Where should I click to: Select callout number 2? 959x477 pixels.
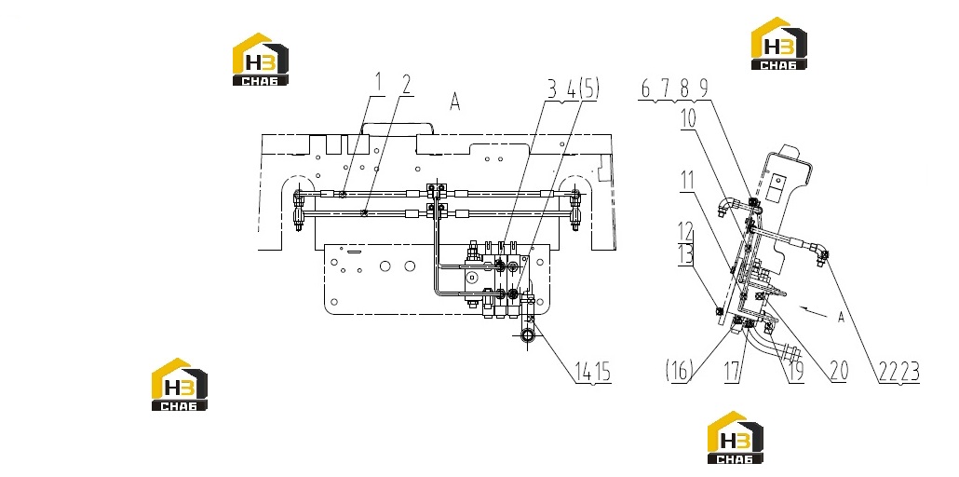tap(404, 86)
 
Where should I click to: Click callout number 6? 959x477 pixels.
tap(646, 89)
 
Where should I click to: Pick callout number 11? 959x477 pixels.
tap(686, 182)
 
